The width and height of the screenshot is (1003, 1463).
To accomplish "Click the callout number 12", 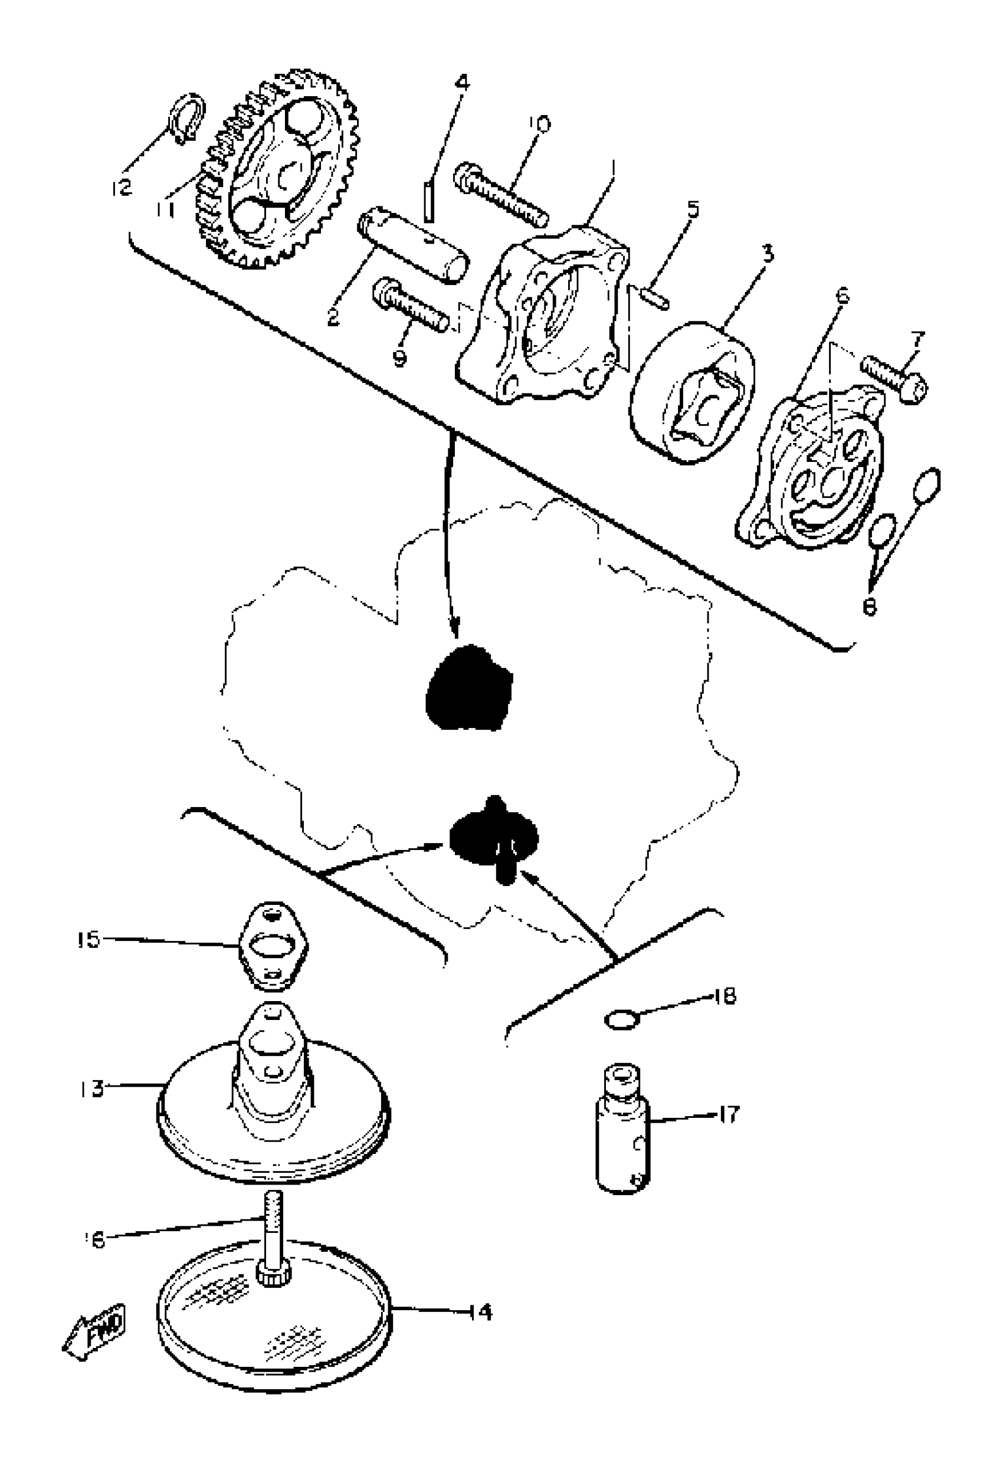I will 122,186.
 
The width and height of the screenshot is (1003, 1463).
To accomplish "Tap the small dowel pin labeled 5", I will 655,298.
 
